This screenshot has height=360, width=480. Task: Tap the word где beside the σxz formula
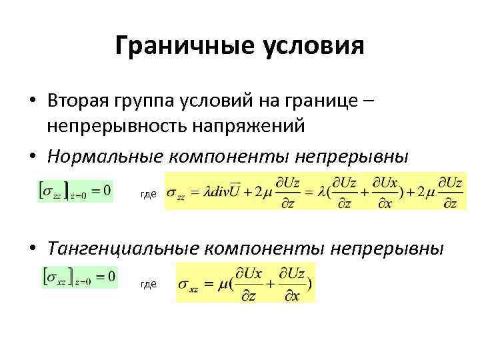click(x=149, y=284)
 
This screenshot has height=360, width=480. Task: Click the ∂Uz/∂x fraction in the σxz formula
click(x=292, y=283)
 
